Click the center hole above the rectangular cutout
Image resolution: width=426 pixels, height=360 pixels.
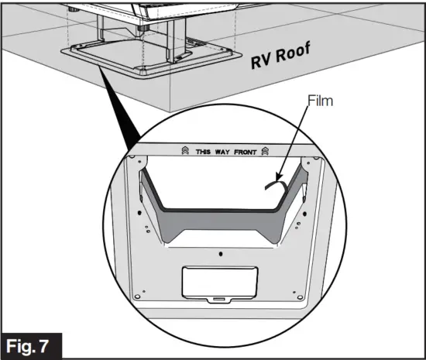tap(221, 252)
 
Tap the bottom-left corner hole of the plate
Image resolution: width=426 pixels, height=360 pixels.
tap(137, 294)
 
